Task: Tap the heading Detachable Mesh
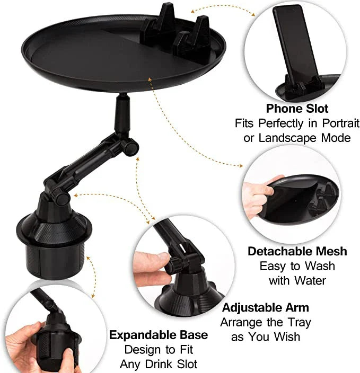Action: [x=297, y=251]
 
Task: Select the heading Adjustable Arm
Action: [x=265, y=307]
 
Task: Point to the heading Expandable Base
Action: [x=158, y=335]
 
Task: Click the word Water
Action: [x=312, y=280]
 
